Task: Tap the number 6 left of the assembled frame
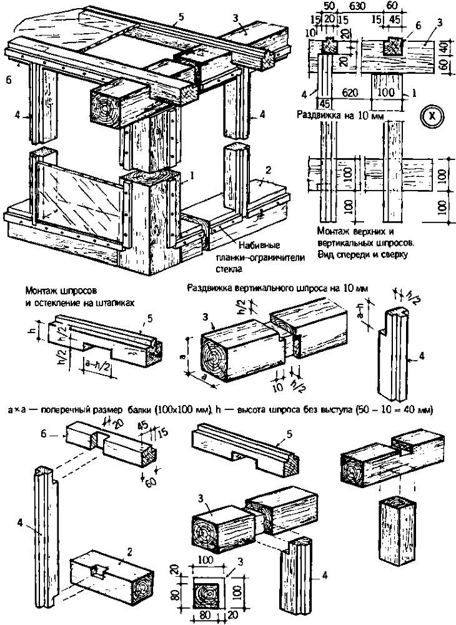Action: tap(7, 80)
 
